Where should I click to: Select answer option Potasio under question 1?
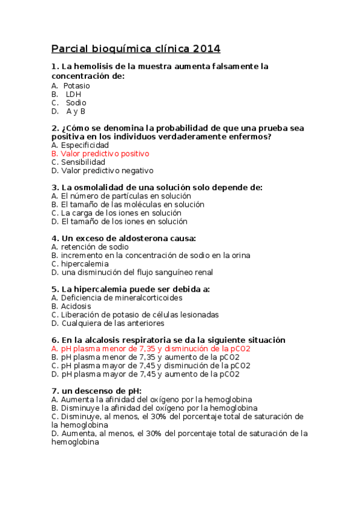click(x=76, y=86)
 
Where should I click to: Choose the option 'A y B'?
click(x=76, y=111)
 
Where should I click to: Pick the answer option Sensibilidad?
click(x=83, y=162)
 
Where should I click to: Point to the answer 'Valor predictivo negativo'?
click(x=107, y=171)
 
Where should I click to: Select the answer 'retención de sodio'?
click(x=94, y=247)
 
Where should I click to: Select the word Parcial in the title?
click(x=70, y=48)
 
